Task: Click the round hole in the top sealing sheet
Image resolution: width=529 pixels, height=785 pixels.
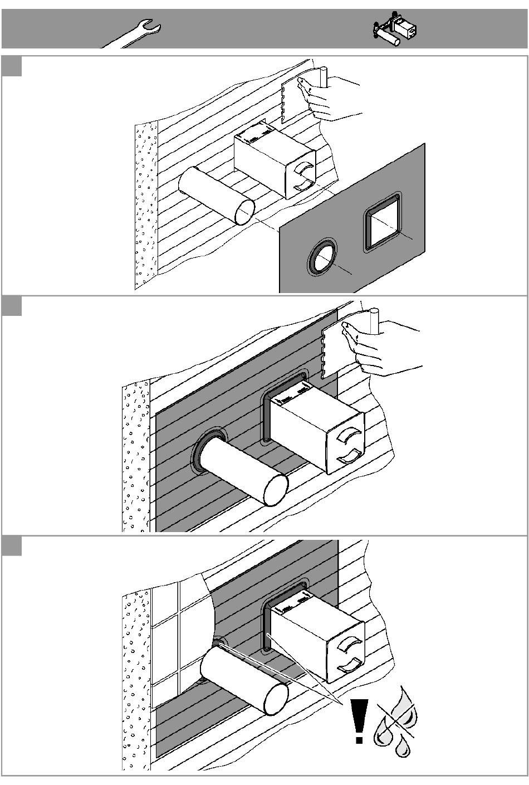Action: pos(321,258)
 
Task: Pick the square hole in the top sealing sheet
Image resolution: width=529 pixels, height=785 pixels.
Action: pos(383,227)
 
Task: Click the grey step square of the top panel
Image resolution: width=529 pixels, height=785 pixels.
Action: pos(12,66)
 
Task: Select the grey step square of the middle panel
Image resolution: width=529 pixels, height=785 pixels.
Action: pos(12,306)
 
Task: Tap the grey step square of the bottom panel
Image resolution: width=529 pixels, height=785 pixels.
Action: pos(12,546)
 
